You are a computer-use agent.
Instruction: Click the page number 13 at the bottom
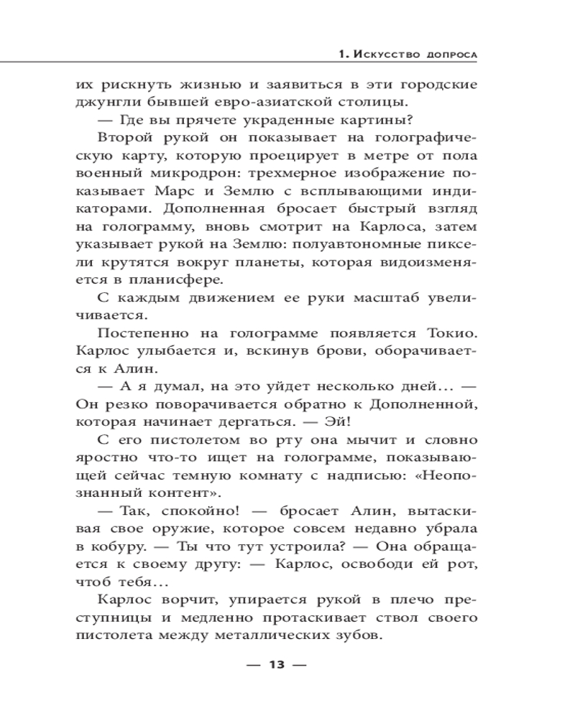(x=277, y=665)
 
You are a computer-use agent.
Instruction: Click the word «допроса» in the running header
(x=449, y=55)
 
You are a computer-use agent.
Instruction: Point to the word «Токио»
(x=451, y=335)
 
